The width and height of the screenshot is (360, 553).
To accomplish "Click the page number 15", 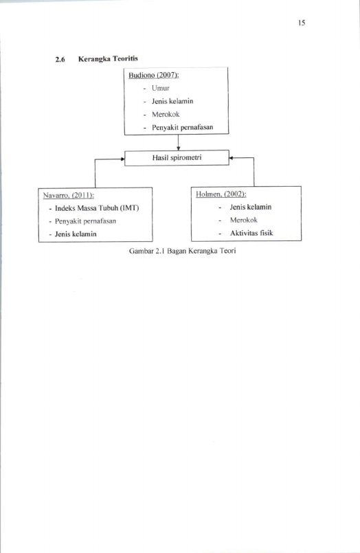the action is click(x=302, y=23).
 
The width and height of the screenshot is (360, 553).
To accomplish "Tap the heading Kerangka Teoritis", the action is click(x=108, y=58).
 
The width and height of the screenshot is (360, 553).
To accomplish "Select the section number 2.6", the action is click(x=60, y=59).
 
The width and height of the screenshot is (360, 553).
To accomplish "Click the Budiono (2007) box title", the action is click(x=154, y=75).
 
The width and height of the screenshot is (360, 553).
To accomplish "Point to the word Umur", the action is click(x=161, y=88).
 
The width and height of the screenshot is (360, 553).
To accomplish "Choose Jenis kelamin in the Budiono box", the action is click(x=172, y=101).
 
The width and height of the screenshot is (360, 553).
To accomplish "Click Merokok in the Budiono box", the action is click(x=166, y=114).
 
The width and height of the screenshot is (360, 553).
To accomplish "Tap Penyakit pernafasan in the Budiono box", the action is click(x=182, y=127).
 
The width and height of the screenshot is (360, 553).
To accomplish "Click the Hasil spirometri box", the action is click(x=177, y=157).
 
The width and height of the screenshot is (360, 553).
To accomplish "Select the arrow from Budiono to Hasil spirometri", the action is click(x=179, y=142).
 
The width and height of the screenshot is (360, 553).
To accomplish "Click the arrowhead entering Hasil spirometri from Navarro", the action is click(x=122, y=159).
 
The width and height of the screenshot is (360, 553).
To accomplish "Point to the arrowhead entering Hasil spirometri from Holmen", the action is click(x=232, y=158).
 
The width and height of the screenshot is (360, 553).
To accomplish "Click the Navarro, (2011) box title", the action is click(x=69, y=195).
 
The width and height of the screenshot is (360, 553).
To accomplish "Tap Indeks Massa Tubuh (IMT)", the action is click(x=97, y=208).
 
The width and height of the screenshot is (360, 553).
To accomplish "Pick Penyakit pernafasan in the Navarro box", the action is click(x=85, y=221).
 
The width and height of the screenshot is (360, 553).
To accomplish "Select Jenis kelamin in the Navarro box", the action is click(x=76, y=234).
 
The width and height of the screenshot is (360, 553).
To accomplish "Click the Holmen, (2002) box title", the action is click(x=221, y=194).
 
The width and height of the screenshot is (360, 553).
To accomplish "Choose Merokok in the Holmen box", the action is click(x=244, y=220).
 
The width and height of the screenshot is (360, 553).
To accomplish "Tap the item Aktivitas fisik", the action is click(x=251, y=233).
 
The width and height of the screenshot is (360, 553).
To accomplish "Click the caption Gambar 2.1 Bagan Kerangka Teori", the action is click(x=182, y=251).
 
